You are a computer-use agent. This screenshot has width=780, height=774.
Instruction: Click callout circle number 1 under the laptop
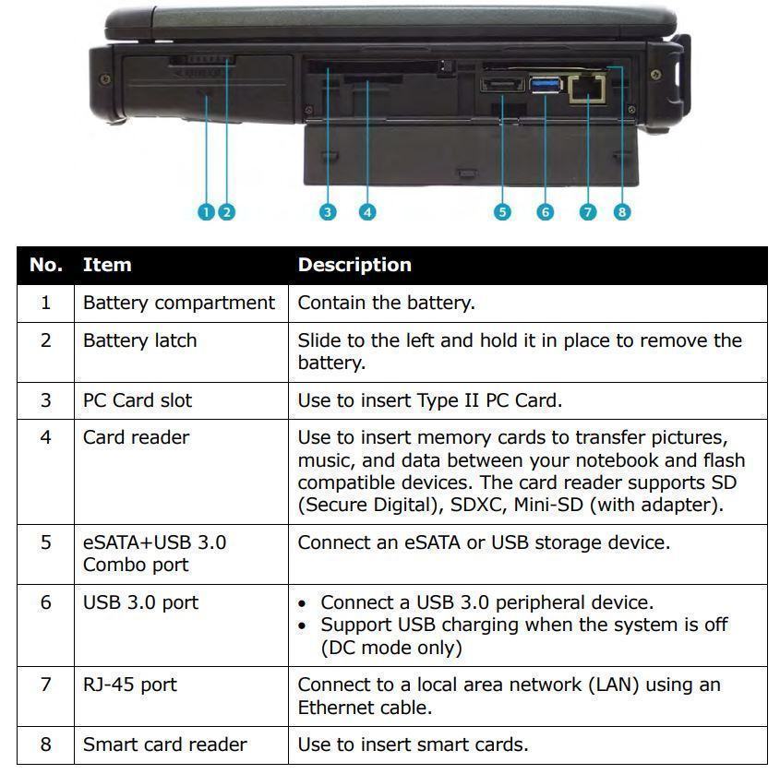tap(206, 212)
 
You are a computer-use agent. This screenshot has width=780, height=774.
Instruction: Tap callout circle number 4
tap(367, 212)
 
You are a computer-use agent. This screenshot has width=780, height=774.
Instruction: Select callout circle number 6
tap(546, 212)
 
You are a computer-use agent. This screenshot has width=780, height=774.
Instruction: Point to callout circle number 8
tap(622, 212)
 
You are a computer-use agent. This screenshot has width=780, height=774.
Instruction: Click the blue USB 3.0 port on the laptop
tap(546, 86)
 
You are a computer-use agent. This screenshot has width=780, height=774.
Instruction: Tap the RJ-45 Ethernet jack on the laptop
tap(584, 88)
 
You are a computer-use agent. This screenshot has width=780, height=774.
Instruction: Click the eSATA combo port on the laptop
tap(500, 88)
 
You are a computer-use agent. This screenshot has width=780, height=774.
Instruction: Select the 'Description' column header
tap(354, 265)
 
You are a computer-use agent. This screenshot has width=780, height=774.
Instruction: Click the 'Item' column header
tap(107, 265)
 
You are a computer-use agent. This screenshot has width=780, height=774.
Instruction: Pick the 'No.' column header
tap(46, 265)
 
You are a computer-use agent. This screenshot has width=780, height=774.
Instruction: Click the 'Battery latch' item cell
tap(140, 340)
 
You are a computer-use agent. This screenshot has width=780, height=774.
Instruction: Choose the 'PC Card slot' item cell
tap(137, 400)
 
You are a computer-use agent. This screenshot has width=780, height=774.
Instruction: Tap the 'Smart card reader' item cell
tap(165, 744)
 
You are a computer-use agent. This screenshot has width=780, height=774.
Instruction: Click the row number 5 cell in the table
tap(46, 542)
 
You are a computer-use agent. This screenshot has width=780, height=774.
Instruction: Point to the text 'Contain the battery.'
tap(386, 303)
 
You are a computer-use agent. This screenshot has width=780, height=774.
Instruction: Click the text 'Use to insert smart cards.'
tap(413, 744)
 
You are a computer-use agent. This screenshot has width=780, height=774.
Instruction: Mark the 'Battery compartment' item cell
tap(179, 303)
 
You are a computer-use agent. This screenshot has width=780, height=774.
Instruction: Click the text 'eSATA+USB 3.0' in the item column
tap(154, 542)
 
